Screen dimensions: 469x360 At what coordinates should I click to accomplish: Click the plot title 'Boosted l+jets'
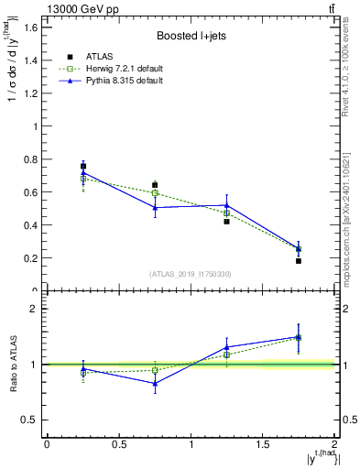point(191,36)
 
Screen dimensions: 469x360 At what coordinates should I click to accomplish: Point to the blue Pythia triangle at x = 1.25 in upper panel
point(226,205)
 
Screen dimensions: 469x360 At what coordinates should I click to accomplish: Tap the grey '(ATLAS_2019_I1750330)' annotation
point(191,274)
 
